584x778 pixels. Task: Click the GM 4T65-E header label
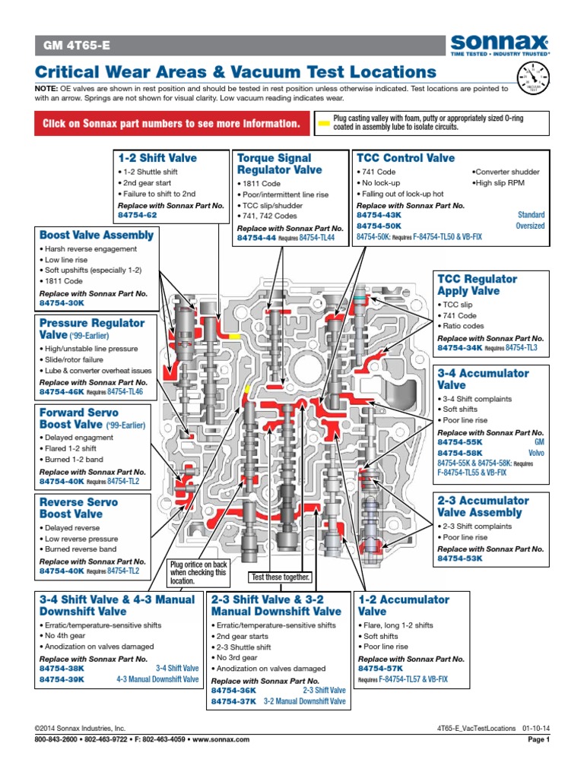click(x=75, y=46)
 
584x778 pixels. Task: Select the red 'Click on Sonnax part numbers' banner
click(x=170, y=124)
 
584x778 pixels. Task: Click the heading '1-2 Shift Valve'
click(x=157, y=158)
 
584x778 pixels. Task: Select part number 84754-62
click(x=138, y=215)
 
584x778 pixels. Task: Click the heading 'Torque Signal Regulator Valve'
click(x=280, y=164)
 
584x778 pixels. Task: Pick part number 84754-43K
click(x=379, y=215)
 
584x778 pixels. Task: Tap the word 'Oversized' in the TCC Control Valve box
click(x=530, y=226)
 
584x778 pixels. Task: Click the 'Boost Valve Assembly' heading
click(x=97, y=235)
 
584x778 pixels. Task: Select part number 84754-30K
click(x=61, y=302)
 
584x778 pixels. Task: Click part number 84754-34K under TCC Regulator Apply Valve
click(x=460, y=347)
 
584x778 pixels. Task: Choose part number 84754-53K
click(x=459, y=558)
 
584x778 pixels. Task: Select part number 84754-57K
click(x=379, y=669)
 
